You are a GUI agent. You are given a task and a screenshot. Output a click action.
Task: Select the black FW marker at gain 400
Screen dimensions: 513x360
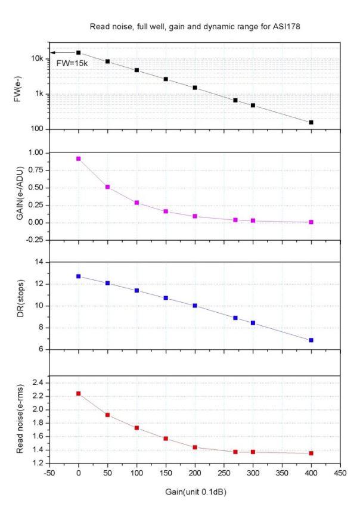point(311,122)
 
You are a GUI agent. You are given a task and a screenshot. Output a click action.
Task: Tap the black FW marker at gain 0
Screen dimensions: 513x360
point(78,52)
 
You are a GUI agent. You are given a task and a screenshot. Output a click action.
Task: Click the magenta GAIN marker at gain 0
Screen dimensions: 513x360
point(78,158)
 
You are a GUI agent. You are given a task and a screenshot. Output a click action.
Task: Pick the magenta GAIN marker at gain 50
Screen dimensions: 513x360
point(107,187)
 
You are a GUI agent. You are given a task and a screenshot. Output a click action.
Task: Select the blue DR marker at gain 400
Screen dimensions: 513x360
point(311,340)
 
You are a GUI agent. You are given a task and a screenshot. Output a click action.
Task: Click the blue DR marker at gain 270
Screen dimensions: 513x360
point(235,318)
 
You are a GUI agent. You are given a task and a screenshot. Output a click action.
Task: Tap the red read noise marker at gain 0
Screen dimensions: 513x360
point(78,393)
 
